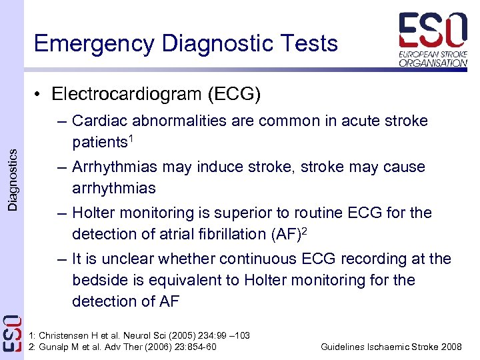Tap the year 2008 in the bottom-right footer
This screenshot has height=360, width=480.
pyautogui.click(x=451, y=347)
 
